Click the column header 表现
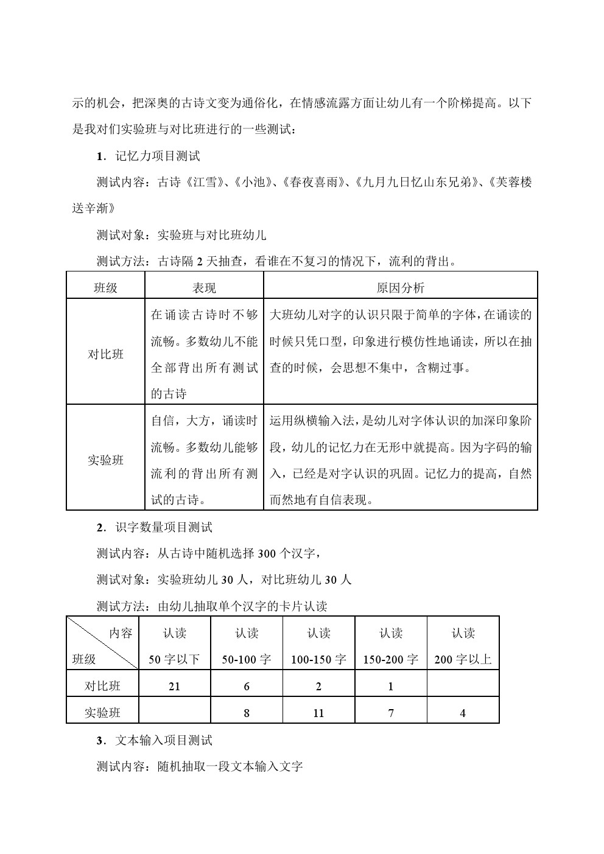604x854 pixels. click(204, 288)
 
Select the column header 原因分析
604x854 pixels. click(400, 288)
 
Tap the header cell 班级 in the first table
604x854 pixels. click(105, 288)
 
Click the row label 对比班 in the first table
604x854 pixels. click(105, 354)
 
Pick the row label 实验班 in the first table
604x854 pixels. click(105, 460)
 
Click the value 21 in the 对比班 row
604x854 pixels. click(174, 687)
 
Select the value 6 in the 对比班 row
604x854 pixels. click(247, 687)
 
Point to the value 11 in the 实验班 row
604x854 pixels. click(318, 713)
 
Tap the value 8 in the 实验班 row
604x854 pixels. click(247, 713)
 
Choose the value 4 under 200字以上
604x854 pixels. click(463, 713)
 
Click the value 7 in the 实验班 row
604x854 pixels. click(391, 713)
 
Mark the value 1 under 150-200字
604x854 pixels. click(391, 687)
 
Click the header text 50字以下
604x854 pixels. click(174, 659)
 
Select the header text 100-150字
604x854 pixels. click(318, 659)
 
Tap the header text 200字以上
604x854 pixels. click(463, 659)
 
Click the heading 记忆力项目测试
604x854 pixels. click(158, 156)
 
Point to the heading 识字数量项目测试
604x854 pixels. click(164, 527)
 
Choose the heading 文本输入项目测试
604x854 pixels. click(164, 741)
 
